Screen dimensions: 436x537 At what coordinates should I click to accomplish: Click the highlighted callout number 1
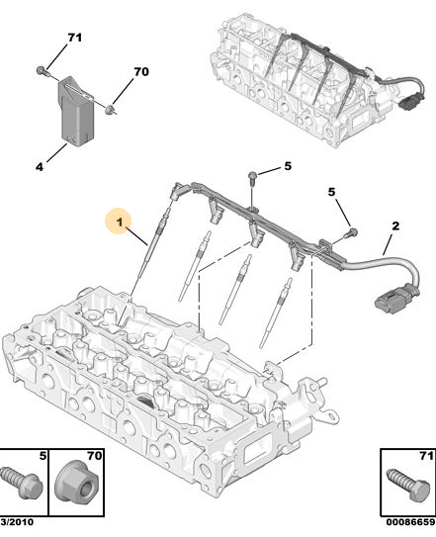(120, 222)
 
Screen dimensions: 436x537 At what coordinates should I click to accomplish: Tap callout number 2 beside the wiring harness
(395, 226)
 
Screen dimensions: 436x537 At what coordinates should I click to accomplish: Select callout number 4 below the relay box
(40, 167)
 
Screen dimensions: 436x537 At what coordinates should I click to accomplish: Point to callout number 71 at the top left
(75, 37)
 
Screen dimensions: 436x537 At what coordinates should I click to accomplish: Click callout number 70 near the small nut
(141, 71)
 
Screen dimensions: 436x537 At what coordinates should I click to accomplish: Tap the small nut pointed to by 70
(110, 110)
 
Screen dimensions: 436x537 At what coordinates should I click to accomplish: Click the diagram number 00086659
(410, 531)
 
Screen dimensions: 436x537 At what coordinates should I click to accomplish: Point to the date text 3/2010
(17, 531)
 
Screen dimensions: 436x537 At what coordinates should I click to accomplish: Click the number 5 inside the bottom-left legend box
(43, 456)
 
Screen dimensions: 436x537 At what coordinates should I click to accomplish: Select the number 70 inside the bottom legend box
(95, 456)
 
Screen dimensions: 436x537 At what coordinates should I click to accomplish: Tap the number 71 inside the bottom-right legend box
(426, 456)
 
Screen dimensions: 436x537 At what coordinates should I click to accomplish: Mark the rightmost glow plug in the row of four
(275, 313)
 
